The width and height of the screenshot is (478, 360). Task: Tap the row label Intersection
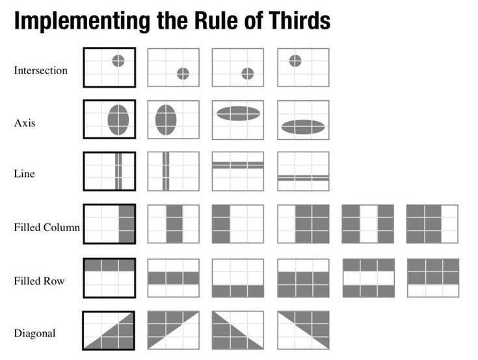[40, 70]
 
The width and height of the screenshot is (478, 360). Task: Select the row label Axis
[25, 122]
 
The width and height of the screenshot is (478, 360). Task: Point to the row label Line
[25, 174]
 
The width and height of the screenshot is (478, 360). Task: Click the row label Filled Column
[47, 227]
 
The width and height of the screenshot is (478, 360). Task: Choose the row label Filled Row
[40, 281]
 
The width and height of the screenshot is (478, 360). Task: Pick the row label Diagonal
[34, 333]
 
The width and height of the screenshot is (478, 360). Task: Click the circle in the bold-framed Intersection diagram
[118, 61]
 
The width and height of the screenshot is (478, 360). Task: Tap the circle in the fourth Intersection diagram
[295, 61]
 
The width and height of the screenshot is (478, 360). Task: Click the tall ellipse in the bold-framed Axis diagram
[118, 120]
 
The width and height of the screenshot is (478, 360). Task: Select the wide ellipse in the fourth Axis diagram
[303, 127]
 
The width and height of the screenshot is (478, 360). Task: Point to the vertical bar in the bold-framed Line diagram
[118, 171]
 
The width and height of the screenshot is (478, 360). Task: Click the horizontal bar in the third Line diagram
[238, 165]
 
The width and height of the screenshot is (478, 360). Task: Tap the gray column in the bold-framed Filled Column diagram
[127, 224]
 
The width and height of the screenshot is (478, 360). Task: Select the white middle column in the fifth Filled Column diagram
[368, 224]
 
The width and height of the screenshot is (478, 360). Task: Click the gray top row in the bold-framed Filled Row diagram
[109, 265]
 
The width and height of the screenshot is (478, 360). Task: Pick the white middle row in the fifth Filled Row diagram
[369, 278]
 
